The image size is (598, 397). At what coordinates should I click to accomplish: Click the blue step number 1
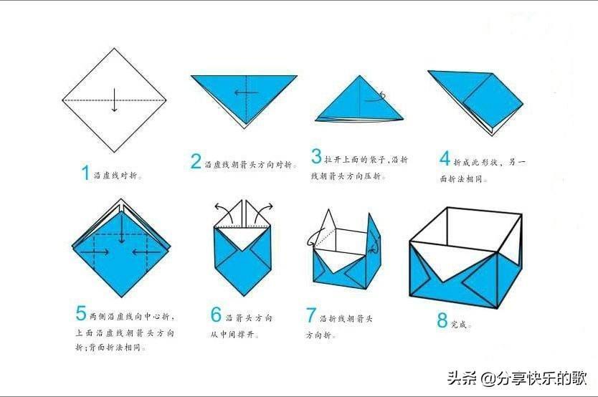(x=85, y=173)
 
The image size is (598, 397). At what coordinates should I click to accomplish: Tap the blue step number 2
(x=196, y=161)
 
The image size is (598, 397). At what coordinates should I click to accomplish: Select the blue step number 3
(x=316, y=156)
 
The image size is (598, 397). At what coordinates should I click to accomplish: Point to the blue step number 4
(x=445, y=158)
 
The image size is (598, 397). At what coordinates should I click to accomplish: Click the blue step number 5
(x=81, y=313)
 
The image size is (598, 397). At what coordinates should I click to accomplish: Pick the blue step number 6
(x=217, y=315)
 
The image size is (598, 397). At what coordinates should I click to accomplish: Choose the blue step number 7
(x=311, y=315)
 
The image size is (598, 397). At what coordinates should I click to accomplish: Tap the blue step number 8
(x=442, y=320)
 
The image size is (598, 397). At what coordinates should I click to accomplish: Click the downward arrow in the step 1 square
(x=115, y=100)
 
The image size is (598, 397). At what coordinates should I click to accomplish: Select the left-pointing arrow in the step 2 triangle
(x=247, y=92)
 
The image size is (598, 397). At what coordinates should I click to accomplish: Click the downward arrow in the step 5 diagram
(x=121, y=231)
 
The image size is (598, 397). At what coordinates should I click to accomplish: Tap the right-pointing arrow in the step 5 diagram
(x=95, y=252)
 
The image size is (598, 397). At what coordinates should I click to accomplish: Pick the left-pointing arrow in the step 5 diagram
(x=146, y=252)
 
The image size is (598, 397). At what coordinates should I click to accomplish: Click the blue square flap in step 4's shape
(x=493, y=100)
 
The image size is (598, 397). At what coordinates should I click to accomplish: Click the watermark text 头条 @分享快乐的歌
(x=517, y=378)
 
